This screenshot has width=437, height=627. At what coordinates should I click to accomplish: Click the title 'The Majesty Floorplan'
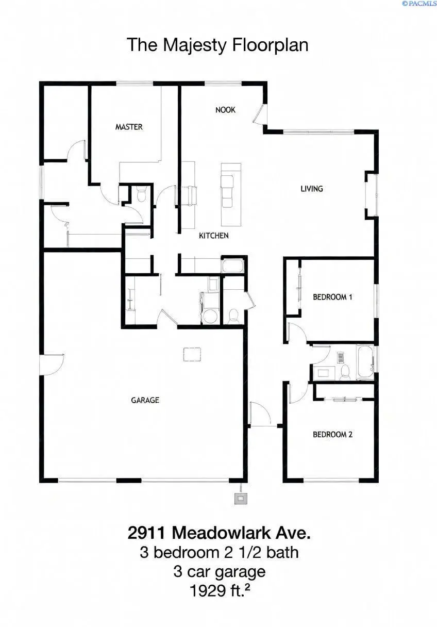point(217,45)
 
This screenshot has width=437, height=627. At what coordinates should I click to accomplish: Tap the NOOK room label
point(225,109)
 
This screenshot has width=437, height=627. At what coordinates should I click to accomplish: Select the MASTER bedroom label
point(129,127)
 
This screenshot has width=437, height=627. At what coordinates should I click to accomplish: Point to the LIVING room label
point(312,189)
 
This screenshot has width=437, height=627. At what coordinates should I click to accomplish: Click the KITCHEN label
point(214,236)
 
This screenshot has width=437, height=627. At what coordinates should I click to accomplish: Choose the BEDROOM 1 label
point(332,297)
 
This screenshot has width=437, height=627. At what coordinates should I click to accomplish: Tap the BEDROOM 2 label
point(332,434)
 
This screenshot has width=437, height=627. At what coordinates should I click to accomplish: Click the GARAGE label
point(145,400)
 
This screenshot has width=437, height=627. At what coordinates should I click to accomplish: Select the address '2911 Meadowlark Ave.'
point(219,532)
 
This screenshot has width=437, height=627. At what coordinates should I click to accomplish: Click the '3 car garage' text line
point(219,571)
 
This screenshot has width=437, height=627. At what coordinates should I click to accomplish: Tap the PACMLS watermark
point(418,4)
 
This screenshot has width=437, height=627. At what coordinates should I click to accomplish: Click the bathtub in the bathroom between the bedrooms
point(364,362)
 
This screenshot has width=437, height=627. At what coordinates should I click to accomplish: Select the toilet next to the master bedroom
point(141,194)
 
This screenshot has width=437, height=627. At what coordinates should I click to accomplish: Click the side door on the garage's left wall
point(51,364)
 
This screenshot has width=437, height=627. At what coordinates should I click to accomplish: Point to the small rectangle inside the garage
point(192,354)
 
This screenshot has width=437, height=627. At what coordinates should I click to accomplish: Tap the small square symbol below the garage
point(241,498)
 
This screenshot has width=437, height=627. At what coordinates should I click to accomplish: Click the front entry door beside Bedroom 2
point(259,414)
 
